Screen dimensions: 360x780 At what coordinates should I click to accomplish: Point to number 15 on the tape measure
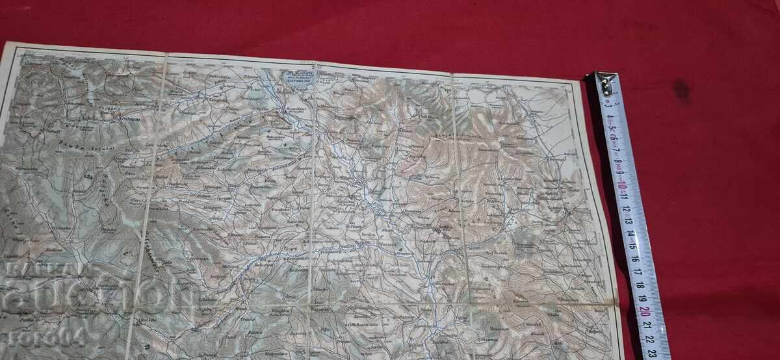click(632, 245)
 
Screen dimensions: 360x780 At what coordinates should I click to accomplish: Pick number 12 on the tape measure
click(627, 210)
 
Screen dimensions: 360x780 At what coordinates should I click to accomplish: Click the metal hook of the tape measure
click(604, 84)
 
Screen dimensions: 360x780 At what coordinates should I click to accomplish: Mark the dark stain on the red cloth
click(681, 88)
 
